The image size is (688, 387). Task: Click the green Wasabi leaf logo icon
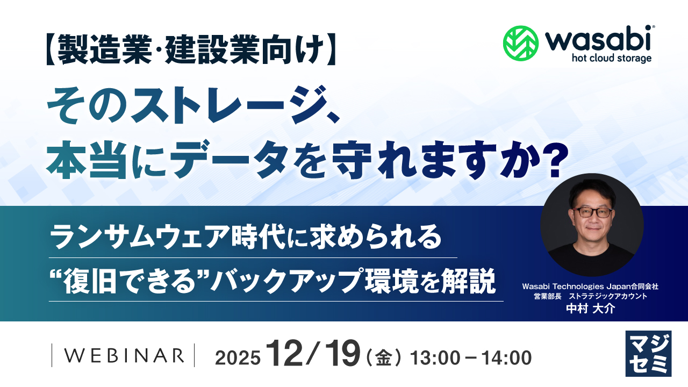(x=521, y=42)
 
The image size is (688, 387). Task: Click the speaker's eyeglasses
(x=592, y=212)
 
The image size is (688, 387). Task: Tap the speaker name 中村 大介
(x=590, y=310)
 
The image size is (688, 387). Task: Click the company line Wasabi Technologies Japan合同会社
(x=590, y=287)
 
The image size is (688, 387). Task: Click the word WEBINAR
(x=123, y=355)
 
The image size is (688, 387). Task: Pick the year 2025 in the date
(x=238, y=357)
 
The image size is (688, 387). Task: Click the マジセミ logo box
(x=648, y=353)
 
